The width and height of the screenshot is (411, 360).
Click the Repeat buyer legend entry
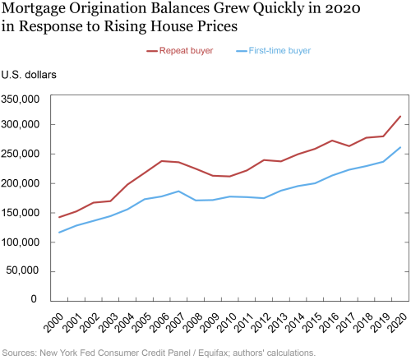tap(180, 51)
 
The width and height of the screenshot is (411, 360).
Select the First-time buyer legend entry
tap(273, 51)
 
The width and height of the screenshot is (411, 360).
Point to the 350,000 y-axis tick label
tap(21, 99)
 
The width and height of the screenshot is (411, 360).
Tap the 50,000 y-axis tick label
tap(23, 270)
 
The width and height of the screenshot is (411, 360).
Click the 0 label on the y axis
tap(34, 298)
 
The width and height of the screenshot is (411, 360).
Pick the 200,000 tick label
tap(21, 183)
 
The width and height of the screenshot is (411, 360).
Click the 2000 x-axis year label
tap(53, 323)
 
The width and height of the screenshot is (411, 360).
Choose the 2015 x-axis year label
tap(311, 323)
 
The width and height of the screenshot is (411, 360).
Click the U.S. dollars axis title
tap(29, 75)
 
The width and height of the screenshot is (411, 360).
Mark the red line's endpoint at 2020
tap(400, 117)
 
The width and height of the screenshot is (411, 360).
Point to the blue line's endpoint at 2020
tap(400, 147)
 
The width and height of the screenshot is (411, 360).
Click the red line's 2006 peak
tap(162, 161)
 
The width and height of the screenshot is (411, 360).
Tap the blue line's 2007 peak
tap(178, 192)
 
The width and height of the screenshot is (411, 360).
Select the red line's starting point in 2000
tap(59, 217)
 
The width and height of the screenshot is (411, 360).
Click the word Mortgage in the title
tap(34, 9)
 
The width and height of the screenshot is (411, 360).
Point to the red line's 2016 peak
tap(332, 141)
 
